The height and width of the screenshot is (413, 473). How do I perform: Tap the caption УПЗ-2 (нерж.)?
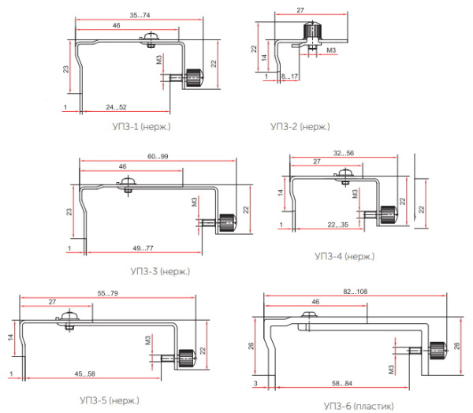(300, 126)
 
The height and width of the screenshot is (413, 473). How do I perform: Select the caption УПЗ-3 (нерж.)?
(161, 271)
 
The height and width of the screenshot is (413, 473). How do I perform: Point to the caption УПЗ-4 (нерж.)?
(345, 256)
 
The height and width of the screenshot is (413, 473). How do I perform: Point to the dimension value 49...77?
(143, 248)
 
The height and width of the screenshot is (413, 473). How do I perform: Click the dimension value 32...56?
(345, 152)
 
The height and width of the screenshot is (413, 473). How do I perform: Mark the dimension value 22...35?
(338, 225)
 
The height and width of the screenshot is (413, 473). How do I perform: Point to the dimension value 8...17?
(289, 76)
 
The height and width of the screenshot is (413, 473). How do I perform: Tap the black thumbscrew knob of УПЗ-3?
(227, 221)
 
